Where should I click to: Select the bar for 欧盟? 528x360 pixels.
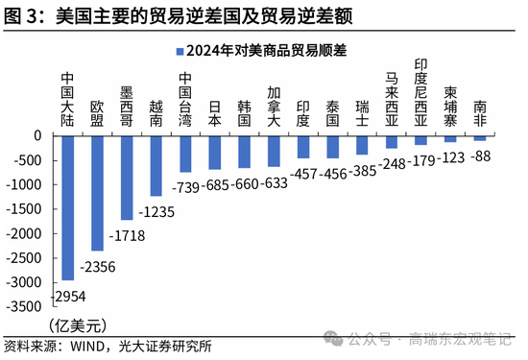tap(97, 192)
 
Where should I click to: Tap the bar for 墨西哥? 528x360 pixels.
tap(126, 177)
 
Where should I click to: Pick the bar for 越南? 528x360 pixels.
tap(155, 164)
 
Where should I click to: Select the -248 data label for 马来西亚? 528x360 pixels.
tap(391, 163)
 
